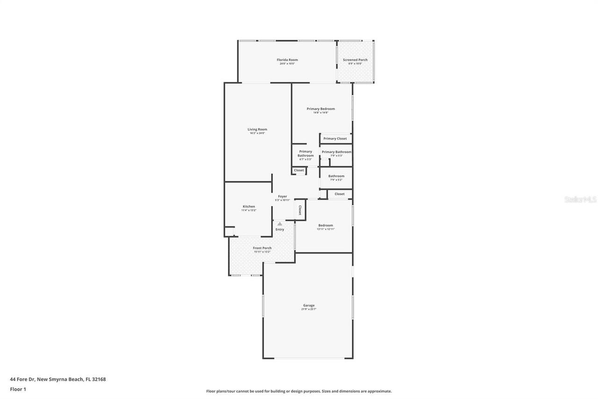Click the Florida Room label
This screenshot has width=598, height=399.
click(287, 60)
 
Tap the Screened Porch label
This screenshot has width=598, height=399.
click(355, 60)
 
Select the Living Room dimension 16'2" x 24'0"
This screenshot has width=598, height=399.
click(257, 133)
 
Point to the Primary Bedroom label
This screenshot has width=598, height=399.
click(320, 109)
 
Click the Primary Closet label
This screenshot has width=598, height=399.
click(335, 138)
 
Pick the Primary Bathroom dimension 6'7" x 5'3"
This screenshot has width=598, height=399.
click(306, 160)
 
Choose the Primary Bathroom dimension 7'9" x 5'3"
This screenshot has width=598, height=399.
click(336, 156)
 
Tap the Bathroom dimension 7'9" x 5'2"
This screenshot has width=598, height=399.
click(336, 180)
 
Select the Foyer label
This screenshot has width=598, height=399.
click(283, 196)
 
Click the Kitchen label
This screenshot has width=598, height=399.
click(249, 206)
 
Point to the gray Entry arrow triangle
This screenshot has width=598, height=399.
click(279, 224)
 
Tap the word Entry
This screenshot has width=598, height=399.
click(279, 229)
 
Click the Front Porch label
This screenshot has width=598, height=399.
click(262, 248)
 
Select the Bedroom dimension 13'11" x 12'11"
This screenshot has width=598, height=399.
click(326, 229)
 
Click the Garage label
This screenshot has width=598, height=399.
click(309, 305)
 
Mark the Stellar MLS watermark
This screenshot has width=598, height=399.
click(580, 199)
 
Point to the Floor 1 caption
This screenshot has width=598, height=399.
click(18, 389)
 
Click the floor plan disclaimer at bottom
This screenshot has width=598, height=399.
click(299, 391)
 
